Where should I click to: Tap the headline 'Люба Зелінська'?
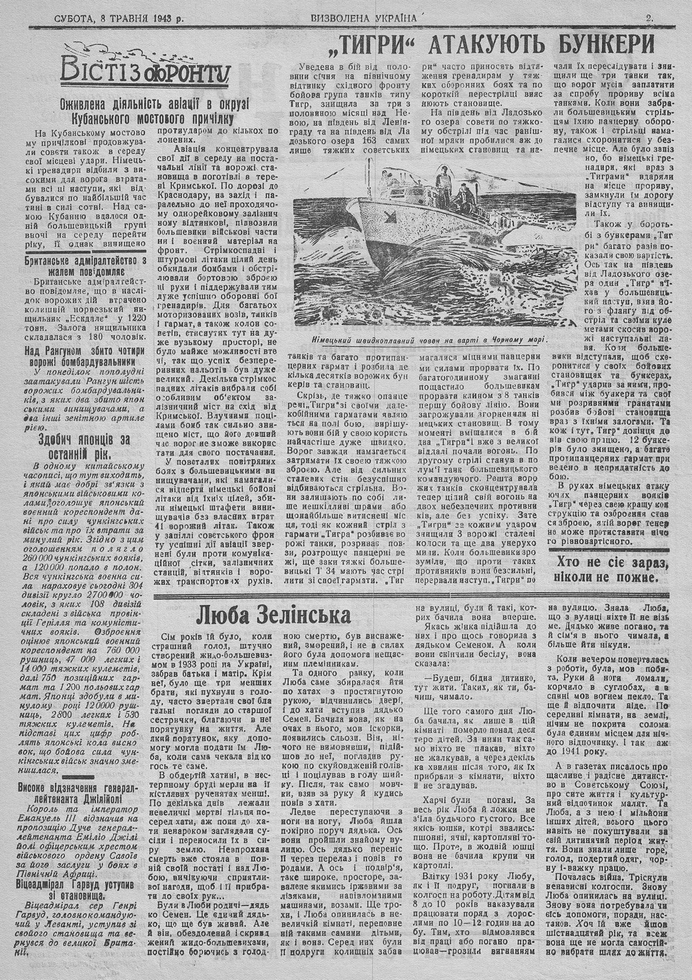273,616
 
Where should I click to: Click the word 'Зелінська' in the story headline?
300,616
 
